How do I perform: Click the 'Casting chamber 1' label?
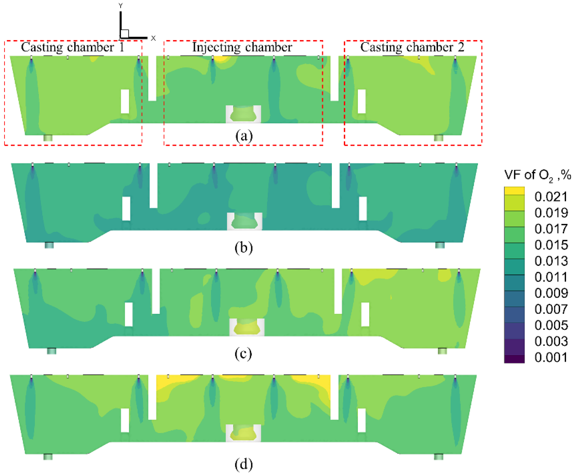pos(72,47)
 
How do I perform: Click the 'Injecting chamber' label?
pos(242,47)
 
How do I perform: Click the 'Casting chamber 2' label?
pos(412,47)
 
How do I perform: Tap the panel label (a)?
pos(244,136)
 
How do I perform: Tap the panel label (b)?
pos(244,248)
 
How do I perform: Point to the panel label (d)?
pos(244,464)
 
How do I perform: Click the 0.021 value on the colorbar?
pos(551,197)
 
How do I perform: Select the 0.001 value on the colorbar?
pos(551,357)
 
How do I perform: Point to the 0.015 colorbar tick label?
pos(551,245)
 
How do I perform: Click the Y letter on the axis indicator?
pos(120,6)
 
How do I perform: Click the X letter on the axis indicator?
pos(153,38)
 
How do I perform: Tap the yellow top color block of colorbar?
pos(514,191)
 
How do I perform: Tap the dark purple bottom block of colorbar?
pos(514,359)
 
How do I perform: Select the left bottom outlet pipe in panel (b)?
pos(49,245)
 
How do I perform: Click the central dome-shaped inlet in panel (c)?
pos(247,327)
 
